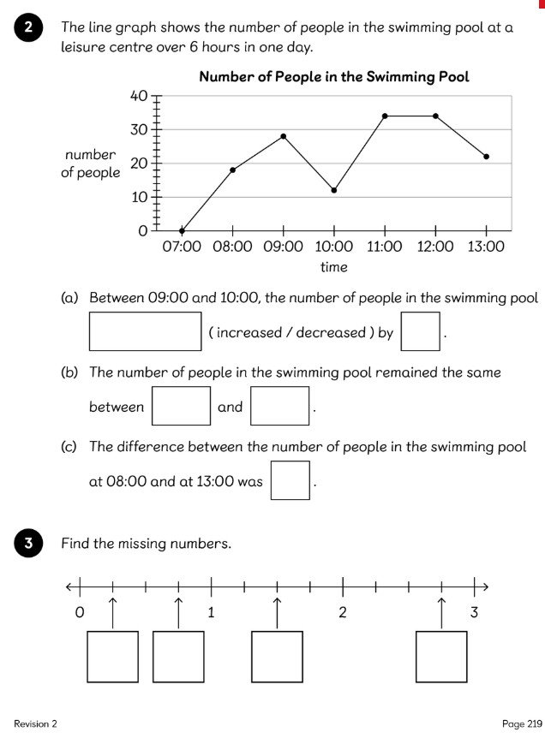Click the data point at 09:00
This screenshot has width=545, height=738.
click(x=284, y=136)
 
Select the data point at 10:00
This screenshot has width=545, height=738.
click(x=334, y=190)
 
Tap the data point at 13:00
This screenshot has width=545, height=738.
click(x=486, y=157)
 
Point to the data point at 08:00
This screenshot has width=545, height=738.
click(x=233, y=170)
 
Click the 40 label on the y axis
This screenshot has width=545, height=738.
click(x=139, y=96)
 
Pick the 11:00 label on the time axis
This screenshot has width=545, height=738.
click(x=385, y=247)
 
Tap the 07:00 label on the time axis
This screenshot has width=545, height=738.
click(x=182, y=247)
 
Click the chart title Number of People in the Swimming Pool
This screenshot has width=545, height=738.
click(x=334, y=77)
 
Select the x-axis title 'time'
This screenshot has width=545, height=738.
click(x=334, y=267)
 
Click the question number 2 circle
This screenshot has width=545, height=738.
click(x=29, y=28)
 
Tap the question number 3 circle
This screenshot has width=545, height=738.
click(x=29, y=544)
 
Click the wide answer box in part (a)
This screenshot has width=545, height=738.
click(x=146, y=331)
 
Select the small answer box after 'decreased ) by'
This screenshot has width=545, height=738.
click(x=421, y=331)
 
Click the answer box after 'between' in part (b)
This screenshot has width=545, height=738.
click(x=181, y=406)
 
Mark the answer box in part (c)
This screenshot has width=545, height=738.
click(x=290, y=480)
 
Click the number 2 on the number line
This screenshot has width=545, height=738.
click(x=343, y=613)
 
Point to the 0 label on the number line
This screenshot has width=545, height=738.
click(x=80, y=613)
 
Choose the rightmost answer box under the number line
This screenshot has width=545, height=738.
click(x=441, y=657)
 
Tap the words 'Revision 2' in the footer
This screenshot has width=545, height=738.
click(x=35, y=724)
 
